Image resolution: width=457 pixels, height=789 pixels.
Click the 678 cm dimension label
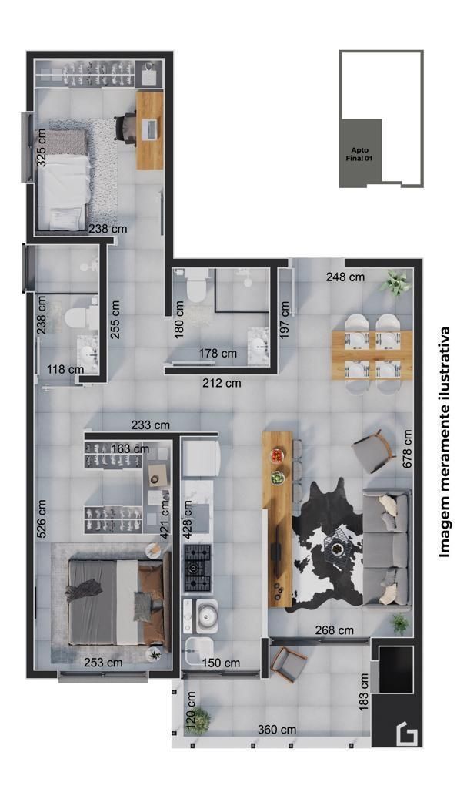pos(407,449)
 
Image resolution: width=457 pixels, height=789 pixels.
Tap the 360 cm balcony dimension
pos(277,729)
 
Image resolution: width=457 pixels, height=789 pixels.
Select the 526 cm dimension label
pos(42,519)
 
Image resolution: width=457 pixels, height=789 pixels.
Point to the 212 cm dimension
pos(222,384)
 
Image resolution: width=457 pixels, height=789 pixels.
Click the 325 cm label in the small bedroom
pos(42,148)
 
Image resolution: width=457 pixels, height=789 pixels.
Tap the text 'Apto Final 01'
pos(359,154)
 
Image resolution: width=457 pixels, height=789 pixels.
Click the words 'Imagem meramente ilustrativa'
pos(444,442)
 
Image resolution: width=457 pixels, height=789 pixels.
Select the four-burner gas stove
pos(198,568)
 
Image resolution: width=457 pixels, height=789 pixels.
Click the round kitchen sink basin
pos(207,616)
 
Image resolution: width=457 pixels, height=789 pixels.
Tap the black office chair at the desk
pos(125,129)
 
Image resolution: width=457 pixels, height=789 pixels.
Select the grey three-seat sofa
pos(387,549)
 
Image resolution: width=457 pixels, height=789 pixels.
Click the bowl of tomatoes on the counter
pos(277,455)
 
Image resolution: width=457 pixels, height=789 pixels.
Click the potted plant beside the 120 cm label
pos(201,720)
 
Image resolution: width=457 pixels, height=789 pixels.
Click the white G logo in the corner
pos(407,734)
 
